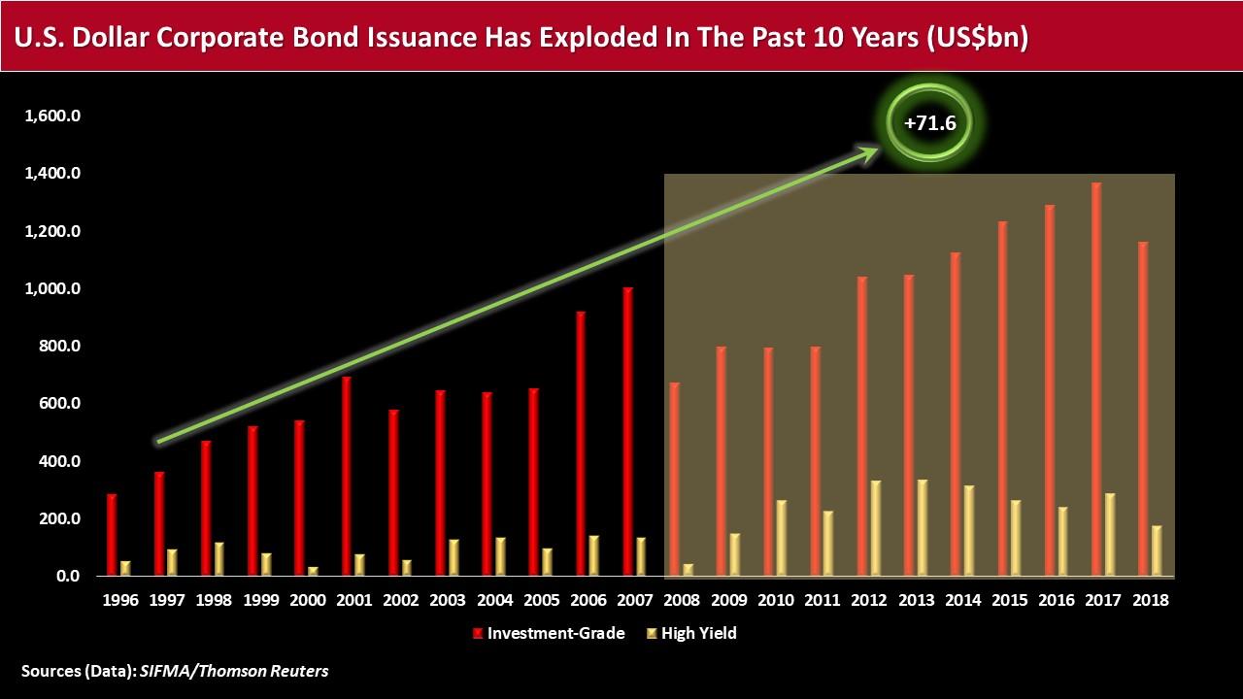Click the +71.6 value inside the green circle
pos(930,122)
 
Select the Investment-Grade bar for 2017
pos(1096,379)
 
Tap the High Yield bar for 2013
pos(923,527)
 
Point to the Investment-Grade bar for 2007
pos(628,432)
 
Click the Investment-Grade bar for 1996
pos(112,535)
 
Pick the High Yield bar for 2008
pos(689,570)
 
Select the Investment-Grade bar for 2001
pos(347,476)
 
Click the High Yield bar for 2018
pos(1157,550)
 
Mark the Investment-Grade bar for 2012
pos(862,426)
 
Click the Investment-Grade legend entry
pos(549,633)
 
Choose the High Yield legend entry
pos(692,633)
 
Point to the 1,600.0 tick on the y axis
pos(52,116)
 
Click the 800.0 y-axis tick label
pos(59,346)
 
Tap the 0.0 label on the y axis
pos(68,576)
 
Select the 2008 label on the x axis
pos(682,600)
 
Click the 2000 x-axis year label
pos(308,600)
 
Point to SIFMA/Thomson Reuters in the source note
pos(234,671)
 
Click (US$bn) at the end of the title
pos(977,37)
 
